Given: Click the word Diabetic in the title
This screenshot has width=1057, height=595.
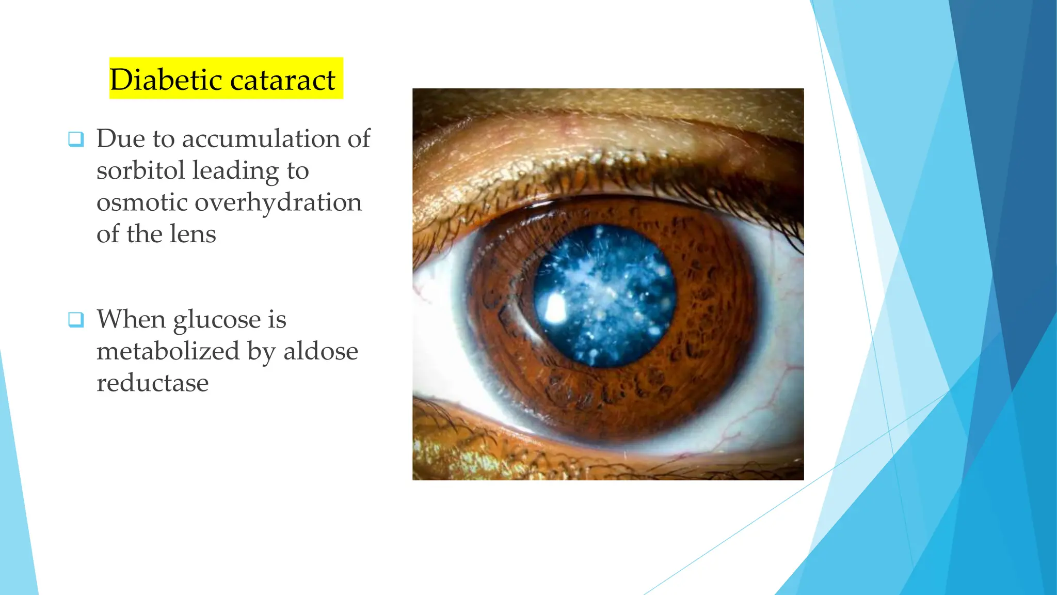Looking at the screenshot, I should [166, 80].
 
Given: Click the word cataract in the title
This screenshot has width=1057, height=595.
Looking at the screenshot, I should [283, 81].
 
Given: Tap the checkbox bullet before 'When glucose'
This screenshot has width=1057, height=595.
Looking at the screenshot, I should [76, 320].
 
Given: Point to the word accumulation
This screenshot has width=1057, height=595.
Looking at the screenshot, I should [260, 139].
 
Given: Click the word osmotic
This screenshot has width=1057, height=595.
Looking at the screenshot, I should [141, 202].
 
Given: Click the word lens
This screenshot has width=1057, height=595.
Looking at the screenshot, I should [193, 234].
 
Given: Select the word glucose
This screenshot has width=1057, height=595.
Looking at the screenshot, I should [217, 320].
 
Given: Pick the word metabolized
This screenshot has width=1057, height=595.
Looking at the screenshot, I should [168, 351].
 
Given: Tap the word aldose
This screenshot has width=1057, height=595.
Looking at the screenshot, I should [321, 351].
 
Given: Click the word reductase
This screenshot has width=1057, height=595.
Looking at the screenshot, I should [153, 383].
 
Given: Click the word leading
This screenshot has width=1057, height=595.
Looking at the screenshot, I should [235, 171].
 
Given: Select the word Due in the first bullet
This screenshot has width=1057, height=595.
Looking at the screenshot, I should [120, 139].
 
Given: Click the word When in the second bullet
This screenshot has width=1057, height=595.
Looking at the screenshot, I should [131, 319].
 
